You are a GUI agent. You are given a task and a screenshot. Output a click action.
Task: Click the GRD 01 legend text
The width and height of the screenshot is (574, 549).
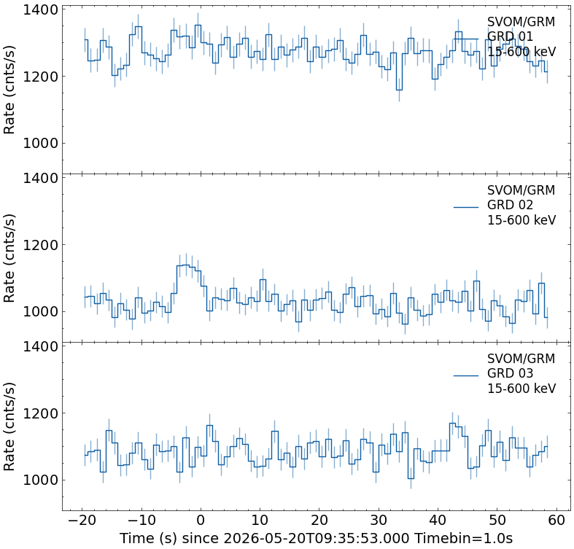coord(510,36)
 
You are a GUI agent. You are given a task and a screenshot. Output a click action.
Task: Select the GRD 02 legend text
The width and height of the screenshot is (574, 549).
coord(510,205)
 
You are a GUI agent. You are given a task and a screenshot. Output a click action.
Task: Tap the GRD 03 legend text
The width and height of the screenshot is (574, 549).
coord(510,373)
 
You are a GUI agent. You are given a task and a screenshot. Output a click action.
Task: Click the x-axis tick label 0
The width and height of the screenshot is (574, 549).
coord(201,520)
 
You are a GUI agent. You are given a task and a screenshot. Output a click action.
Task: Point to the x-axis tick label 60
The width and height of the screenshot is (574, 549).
coord(556,520)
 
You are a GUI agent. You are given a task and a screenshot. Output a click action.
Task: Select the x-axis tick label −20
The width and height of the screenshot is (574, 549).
coord(82,520)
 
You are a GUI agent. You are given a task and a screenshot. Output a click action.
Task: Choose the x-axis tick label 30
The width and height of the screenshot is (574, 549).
coord(379,520)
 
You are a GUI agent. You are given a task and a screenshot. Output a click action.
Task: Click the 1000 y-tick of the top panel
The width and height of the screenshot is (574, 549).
coord(41,144)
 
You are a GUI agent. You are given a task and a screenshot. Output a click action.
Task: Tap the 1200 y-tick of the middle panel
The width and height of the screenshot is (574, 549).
coord(41,245)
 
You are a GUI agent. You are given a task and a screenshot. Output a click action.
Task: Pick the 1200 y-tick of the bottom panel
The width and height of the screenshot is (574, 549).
coord(41,413)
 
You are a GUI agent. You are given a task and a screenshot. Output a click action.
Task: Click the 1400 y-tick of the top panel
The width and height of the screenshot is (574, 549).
coord(41,10)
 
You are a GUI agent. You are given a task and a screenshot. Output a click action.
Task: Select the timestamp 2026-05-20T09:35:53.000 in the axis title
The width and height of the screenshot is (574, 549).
coord(316,538)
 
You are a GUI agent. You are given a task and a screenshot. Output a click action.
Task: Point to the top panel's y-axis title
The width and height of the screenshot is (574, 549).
coord(9,90)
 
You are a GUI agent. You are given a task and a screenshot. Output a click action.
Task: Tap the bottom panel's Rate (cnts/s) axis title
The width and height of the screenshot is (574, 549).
coord(9,427)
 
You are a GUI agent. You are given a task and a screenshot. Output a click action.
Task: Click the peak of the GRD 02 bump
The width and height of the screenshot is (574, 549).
coord(185,265)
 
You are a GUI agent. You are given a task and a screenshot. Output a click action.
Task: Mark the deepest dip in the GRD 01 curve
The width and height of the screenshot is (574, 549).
coord(399,90)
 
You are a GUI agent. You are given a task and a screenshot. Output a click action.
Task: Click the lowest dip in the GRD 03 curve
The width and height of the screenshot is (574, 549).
coord(411,478)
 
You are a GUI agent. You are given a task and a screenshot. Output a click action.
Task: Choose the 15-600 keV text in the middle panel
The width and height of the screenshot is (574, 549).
coord(521,220)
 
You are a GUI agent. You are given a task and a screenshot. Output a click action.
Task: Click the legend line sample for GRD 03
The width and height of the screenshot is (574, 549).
coord(466,375)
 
